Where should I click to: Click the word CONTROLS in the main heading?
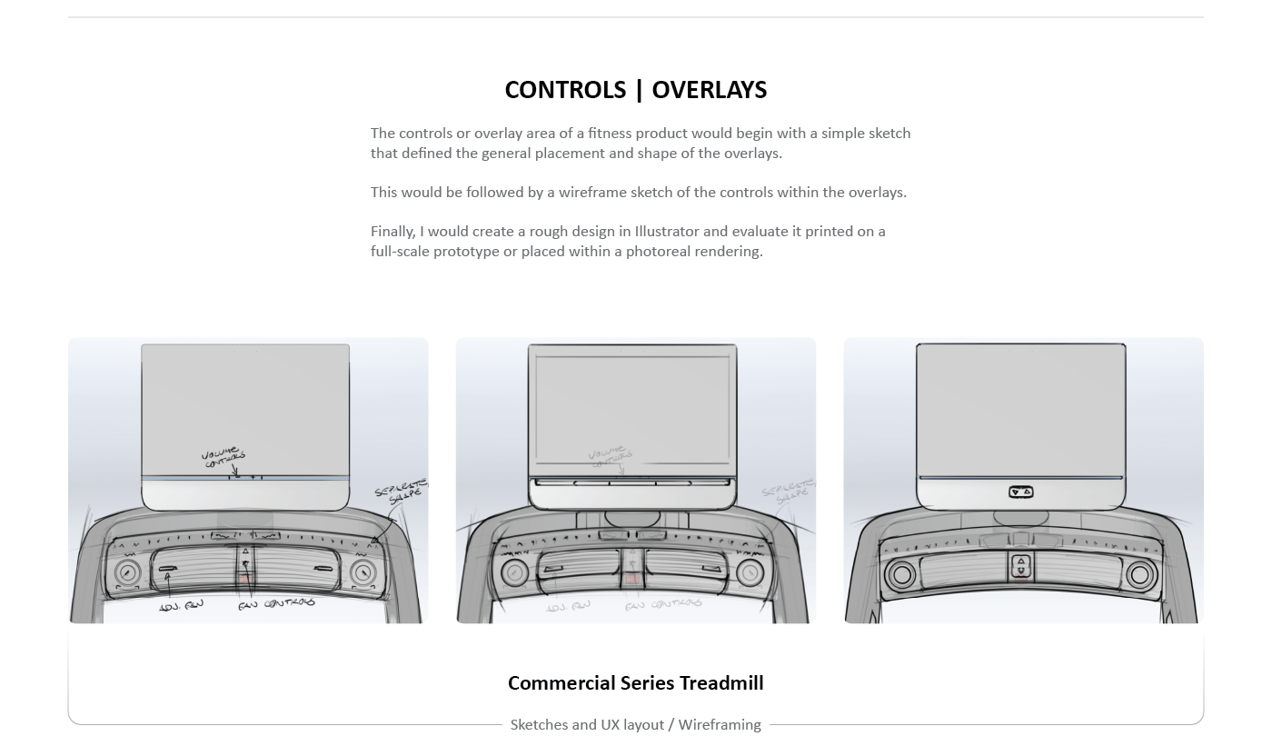tap(565, 90)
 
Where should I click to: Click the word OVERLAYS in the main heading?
tap(710, 90)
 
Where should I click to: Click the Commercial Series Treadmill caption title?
tap(635, 683)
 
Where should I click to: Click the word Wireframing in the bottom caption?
tap(720, 724)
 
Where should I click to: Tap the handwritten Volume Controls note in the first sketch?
tap(224, 456)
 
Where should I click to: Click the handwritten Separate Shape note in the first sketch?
tap(401, 494)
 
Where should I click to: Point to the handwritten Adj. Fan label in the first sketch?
tap(181, 605)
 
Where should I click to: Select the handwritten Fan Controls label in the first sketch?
tap(277, 603)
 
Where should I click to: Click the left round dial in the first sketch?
tap(127, 572)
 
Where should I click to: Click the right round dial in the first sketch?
tap(363, 572)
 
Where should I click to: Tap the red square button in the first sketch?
tap(245, 577)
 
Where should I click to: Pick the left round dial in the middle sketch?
tap(515, 573)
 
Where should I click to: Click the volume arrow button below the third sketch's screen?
tap(1021, 492)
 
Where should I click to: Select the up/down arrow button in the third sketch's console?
tap(1021, 567)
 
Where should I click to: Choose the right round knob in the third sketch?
tap(1139, 575)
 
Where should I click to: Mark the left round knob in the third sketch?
tap(902, 575)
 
